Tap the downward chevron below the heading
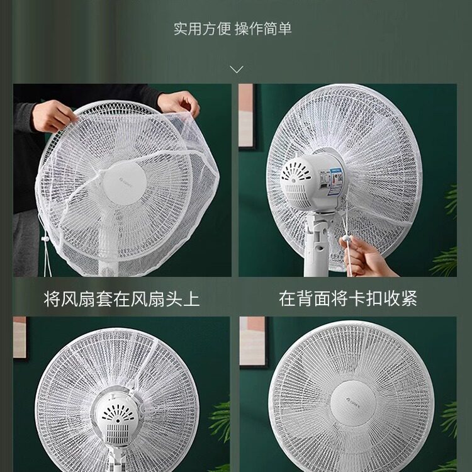pyautogui.click(x=236, y=69)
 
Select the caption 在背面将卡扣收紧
pyautogui.click(x=348, y=298)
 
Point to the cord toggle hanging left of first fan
pyautogui.click(x=45, y=241)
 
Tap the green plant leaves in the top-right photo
pyautogui.click(x=448, y=252)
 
